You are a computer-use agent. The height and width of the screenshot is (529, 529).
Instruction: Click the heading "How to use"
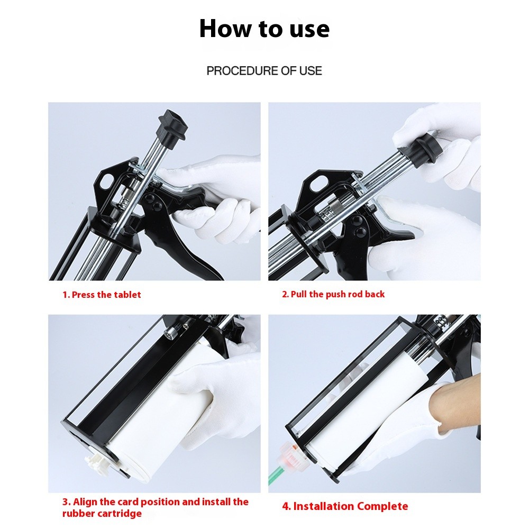pyautogui.click(x=264, y=29)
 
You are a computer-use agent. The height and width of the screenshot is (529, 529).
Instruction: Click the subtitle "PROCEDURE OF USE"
pyautogui.click(x=264, y=70)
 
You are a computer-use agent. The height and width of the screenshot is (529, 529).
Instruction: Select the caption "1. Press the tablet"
pyautogui.click(x=102, y=295)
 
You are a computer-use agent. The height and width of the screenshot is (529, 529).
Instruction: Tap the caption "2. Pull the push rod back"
pyautogui.click(x=333, y=294)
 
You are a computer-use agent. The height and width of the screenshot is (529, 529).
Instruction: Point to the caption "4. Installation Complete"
pyautogui.click(x=345, y=506)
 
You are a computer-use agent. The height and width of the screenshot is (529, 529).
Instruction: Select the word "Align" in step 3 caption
pyautogui.click(x=85, y=501)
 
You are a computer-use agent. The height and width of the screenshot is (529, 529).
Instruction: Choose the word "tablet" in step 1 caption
pyautogui.click(x=127, y=295)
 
